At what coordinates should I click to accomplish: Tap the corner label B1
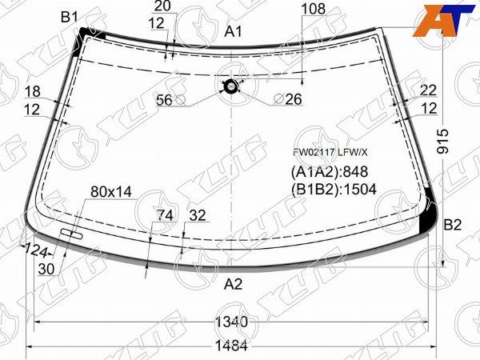coord(70,17)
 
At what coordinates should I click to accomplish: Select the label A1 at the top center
coord(234,31)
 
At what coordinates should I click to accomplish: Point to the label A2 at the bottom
coord(233,284)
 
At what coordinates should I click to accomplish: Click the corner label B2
coord(453,225)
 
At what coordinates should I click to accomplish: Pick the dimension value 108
coord(313,10)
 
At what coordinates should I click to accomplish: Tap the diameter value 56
coord(164,99)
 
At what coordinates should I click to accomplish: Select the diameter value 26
coord(293,99)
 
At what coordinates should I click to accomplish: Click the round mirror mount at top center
coord(231,86)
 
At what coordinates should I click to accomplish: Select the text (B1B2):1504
coord(334,190)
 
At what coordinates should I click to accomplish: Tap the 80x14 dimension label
coord(111,191)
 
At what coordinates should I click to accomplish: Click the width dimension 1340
coord(230,322)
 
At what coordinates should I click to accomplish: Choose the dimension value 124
coord(36,250)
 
